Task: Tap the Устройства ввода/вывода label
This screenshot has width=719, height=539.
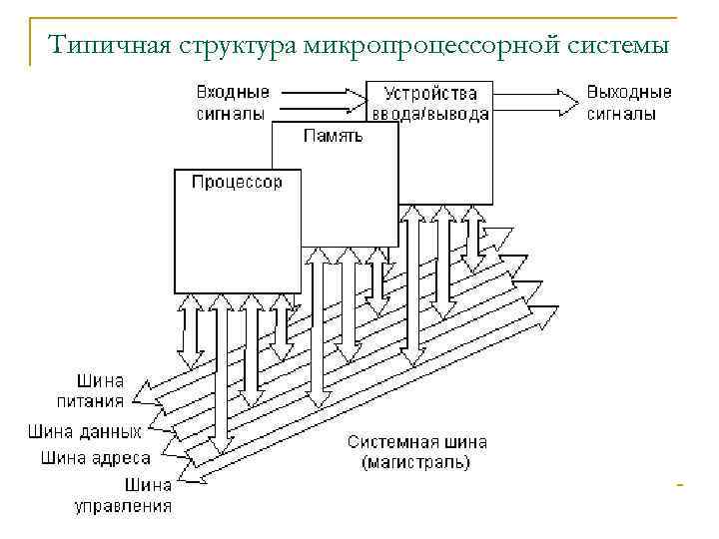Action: pyautogui.click(x=430, y=104)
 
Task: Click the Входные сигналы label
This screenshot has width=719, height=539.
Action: pyautogui.click(x=231, y=103)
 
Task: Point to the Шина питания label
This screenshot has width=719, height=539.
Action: pyautogui.click(x=100, y=391)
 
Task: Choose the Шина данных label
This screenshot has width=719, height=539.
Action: pyautogui.click(x=85, y=432)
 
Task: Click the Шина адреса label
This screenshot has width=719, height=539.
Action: pyautogui.click(x=96, y=458)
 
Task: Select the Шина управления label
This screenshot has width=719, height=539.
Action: pyautogui.click(x=124, y=496)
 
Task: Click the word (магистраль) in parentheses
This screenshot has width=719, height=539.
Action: pyautogui.click(x=416, y=462)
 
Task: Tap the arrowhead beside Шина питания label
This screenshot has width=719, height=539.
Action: pyautogui.click(x=141, y=392)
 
